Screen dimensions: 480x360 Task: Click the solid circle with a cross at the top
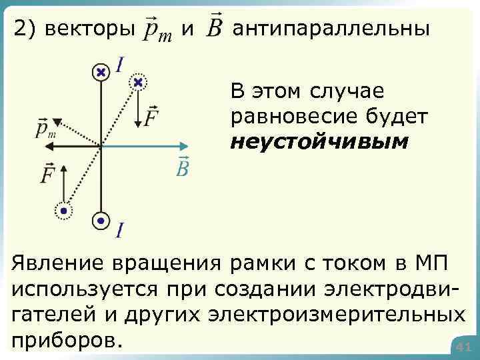[x=101, y=71]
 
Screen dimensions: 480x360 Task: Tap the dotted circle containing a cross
[x=138, y=83]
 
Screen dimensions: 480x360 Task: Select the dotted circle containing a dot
[x=64, y=211]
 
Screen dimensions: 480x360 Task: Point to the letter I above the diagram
[x=120, y=65]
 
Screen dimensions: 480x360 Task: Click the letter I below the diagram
[x=119, y=230]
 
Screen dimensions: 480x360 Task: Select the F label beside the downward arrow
[x=151, y=116]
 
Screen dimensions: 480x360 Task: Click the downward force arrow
[x=137, y=110]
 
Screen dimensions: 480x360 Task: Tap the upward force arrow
[x=63, y=181]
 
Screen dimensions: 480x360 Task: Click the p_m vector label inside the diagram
[x=45, y=128]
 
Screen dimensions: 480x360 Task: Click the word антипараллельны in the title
[x=331, y=29]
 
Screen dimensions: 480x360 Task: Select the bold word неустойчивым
[x=318, y=142]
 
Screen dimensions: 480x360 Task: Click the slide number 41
[x=464, y=347]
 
